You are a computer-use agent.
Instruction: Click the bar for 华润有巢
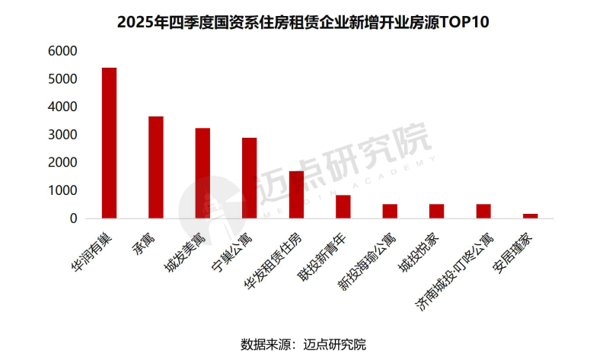tap(109, 143)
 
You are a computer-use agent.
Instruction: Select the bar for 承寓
tap(156, 167)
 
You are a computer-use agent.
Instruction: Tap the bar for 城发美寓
tap(202, 173)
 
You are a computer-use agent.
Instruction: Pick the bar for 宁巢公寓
tap(250, 178)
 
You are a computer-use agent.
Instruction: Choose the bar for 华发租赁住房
tap(296, 195)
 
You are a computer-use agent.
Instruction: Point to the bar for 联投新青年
tap(343, 206)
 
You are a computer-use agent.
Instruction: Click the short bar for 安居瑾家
tap(530, 215)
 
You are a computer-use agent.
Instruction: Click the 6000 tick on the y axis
tap(62, 51)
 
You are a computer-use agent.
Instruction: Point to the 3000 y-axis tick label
tap(62, 135)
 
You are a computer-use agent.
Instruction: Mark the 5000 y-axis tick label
tap(62, 79)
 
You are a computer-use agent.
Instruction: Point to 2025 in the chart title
tap(136, 22)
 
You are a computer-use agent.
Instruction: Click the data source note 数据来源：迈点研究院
tap(304, 344)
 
